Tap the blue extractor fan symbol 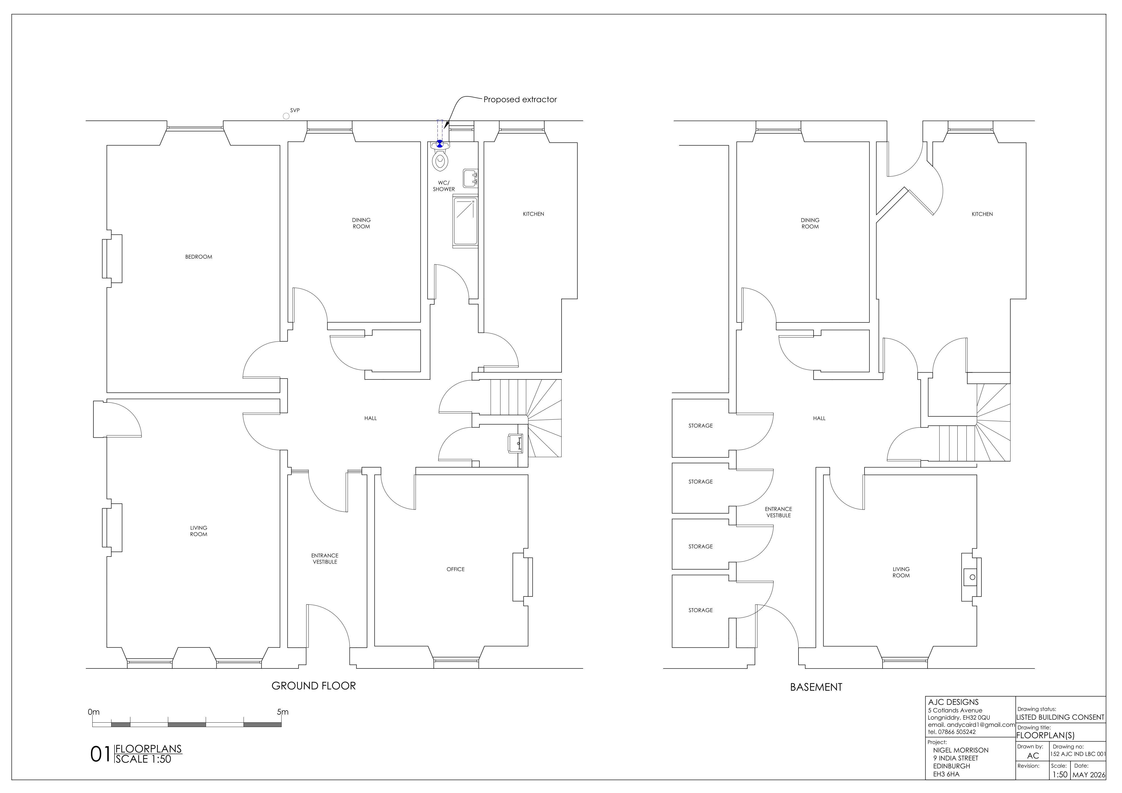pos(440,144)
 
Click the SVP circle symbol pos(286,116)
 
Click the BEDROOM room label pos(198,257)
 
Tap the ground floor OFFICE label pos(456,569)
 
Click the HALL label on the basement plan pos(820,419)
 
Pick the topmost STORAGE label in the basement pos(701,426)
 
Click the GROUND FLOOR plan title pos(314,686)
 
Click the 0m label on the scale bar pos(94,712)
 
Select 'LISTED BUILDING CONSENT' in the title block pos(1060,717)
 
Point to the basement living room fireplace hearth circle pos(972,577)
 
